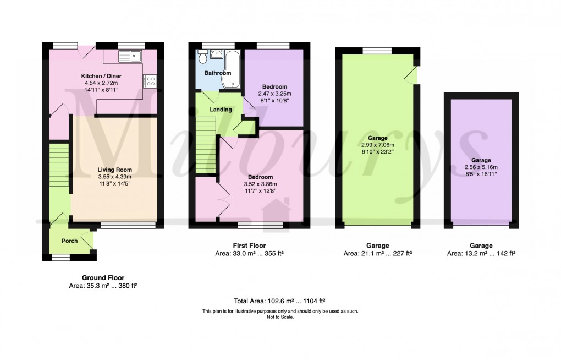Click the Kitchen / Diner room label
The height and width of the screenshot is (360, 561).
point(101,75)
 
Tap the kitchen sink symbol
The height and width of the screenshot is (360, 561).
point(130,54)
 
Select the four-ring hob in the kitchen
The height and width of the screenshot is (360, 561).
point(150,81)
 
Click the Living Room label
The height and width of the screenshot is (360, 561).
point(115,170)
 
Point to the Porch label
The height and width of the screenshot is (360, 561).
point(70,241)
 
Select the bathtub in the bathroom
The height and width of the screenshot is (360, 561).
point(231,69)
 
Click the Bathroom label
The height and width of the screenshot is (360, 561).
point(218,73)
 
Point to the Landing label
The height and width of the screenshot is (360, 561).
point(220,110)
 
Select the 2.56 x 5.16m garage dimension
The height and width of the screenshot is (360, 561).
point(481,167)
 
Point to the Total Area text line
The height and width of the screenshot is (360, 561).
point(280,301)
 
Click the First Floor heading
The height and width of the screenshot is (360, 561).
point(250,246)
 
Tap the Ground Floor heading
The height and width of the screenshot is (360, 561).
point(103,278)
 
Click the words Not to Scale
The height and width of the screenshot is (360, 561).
point(280,317)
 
